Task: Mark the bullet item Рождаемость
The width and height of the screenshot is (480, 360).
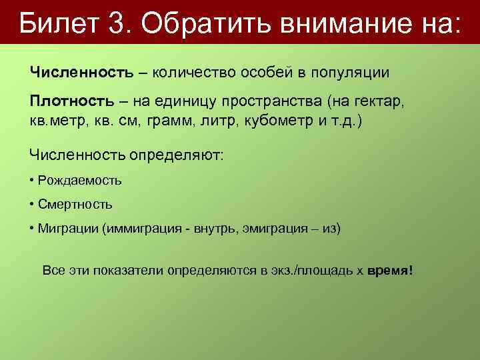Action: (x=80, y=180)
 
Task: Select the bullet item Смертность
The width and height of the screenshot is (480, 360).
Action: (x=75, y=204)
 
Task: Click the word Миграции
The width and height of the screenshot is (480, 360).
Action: (x=67, y=229)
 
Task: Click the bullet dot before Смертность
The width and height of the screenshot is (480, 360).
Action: (x=32, y=204)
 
